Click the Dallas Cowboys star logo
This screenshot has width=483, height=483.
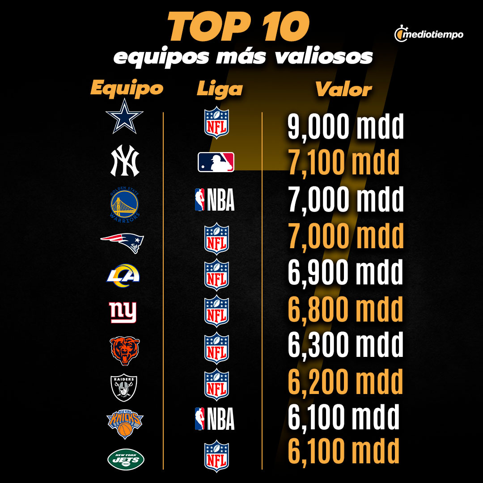[x=124, y=116]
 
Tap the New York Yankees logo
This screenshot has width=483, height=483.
[x=125, y=162]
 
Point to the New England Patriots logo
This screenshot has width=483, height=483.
[x=122, y=242]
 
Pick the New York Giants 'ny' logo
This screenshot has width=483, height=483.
[x=123, y=312]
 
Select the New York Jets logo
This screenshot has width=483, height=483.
[x=126, y=459]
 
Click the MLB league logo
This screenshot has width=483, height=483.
[x=216, y=162]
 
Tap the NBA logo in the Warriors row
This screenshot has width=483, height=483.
[x=215, y=200]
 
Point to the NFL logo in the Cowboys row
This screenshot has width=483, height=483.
[x=216, y=122]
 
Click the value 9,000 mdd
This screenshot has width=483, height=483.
[x=345, y=127]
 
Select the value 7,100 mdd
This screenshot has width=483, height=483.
[x=343, y=163]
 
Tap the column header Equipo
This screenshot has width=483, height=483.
[x=127, y=88]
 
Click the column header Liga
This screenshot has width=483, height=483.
[x=220, y=89]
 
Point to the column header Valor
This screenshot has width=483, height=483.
[x=343, y=89]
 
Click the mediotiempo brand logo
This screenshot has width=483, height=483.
[x=429, y=34]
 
